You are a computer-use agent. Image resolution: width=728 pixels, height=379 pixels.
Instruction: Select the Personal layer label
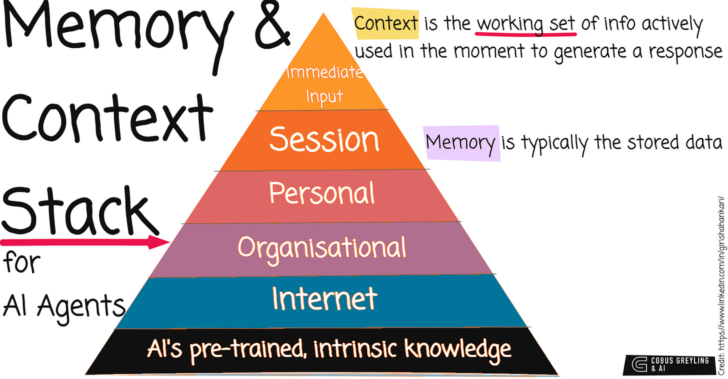[322, 192]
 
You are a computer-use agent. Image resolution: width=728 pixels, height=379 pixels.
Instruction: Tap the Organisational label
[322, 246]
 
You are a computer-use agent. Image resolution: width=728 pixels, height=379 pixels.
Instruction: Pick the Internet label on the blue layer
[324, 298]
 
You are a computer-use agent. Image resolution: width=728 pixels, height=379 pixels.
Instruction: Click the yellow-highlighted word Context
[386, 24]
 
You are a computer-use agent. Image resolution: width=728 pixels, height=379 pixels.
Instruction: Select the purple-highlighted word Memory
[461, 143]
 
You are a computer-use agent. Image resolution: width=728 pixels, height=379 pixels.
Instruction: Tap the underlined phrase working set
[526, 24]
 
